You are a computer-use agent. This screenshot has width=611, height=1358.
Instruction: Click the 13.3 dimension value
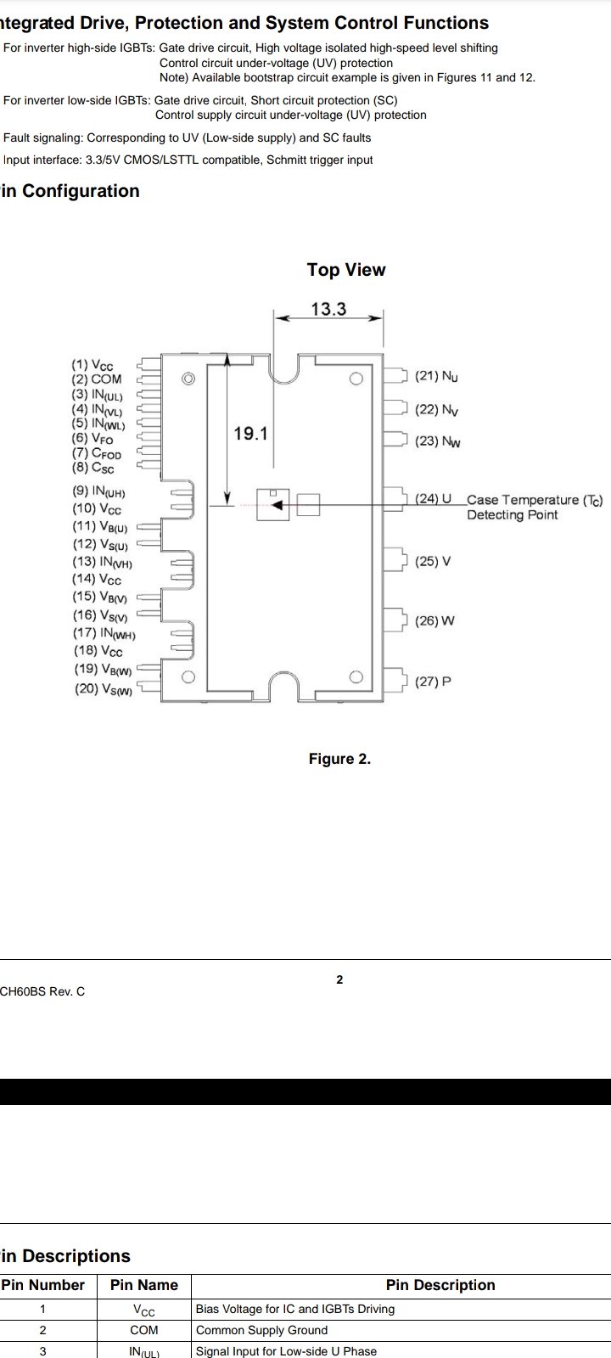tap(328, 309)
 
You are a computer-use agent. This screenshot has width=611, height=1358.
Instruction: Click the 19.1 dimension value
tap(250, 434)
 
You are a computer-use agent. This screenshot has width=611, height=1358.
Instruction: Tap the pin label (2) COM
tap(97, 379)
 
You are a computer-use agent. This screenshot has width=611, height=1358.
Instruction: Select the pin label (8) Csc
tap(92, 468)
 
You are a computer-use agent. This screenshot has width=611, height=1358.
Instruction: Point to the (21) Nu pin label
tap(436, 377)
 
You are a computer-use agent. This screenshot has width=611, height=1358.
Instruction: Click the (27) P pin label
tap(433, 682)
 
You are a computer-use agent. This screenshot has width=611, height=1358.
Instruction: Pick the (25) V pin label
tap(433, 561)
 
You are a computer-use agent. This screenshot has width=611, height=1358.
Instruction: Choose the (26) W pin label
tap(434, 620)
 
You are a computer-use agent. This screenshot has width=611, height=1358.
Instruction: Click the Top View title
tap(346, 270)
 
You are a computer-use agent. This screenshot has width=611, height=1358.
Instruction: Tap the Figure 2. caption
tap(339, 759)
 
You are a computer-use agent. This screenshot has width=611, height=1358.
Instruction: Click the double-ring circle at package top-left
tap(188, 379)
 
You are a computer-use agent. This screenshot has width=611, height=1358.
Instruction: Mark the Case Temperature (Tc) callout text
tap(535, 500)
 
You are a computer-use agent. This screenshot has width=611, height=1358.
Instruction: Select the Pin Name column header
tap(144, 1285)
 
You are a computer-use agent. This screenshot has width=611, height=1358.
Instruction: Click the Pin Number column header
tap(43, 1285)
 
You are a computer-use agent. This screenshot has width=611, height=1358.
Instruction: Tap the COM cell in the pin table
tap(144, 1330)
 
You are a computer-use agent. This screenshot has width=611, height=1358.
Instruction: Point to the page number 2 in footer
tap(339, 979)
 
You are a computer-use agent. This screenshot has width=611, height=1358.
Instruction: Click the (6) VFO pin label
tap(92, 438)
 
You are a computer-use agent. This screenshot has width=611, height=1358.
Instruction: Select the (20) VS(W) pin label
tap(103, 689)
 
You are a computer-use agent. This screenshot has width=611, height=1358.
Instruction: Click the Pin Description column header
tap(440, 1285)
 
